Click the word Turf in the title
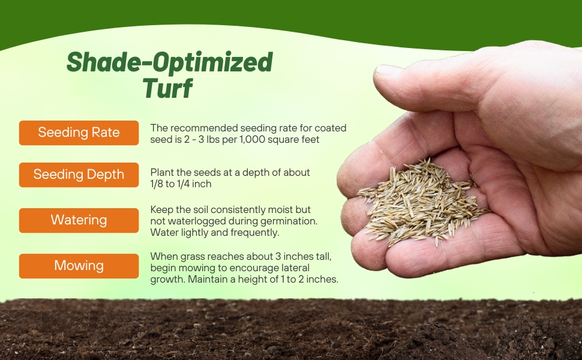pos(168,88)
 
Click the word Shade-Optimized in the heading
pos(169,62)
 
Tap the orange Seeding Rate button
pos(79,133)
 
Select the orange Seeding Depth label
pos(79,175)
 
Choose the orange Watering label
pos(79,220)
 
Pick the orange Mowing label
pos(79,266)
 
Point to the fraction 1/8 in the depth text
pos(158,184)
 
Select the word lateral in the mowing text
pos(295,268)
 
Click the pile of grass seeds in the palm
pos(420,201)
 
